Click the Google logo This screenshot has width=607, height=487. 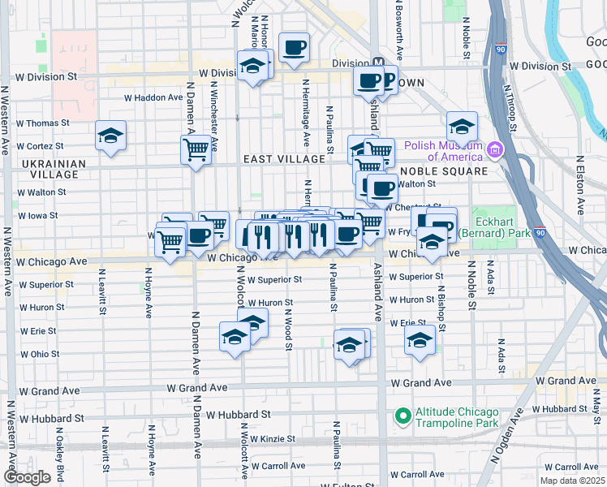[27, 477]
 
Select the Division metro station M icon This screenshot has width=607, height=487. [377, 62]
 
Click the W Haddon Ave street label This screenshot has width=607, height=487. [153, 97]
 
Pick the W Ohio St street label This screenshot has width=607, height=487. [39, 354]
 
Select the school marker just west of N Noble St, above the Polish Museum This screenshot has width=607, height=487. [462, 126]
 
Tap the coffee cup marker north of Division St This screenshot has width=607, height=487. [294, 45]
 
